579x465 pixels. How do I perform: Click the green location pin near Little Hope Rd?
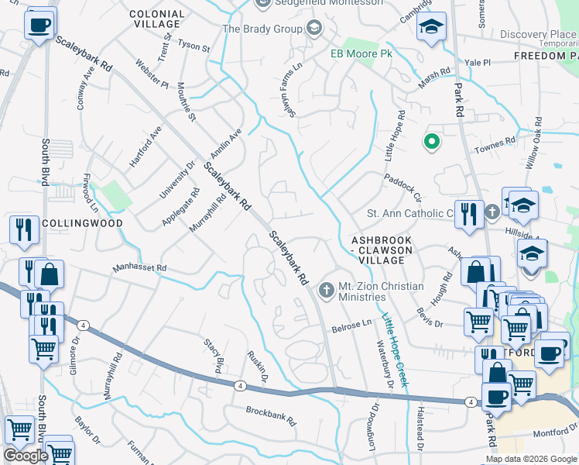431,142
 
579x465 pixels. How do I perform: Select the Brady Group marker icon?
313,29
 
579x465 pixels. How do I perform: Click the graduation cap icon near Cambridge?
431,28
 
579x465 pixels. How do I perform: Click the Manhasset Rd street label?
139,268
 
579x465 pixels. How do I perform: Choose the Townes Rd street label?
499,144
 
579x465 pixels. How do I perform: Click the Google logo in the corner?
26,455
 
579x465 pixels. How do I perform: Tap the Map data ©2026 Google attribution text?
531,459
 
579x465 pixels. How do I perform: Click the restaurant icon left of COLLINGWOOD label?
23,230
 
